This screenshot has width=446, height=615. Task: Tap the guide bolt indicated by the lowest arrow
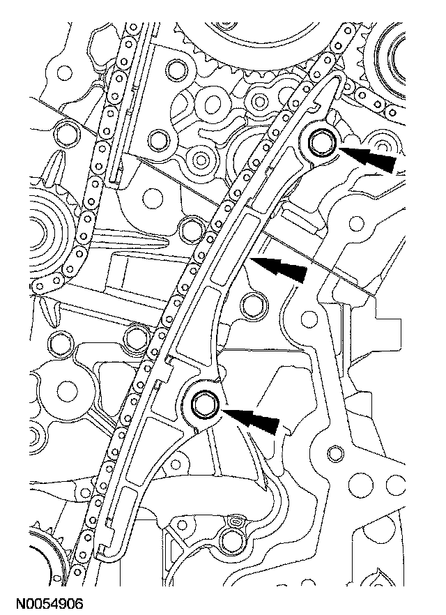(205, 404)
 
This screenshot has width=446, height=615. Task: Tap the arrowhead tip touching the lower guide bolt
(222, 411)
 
